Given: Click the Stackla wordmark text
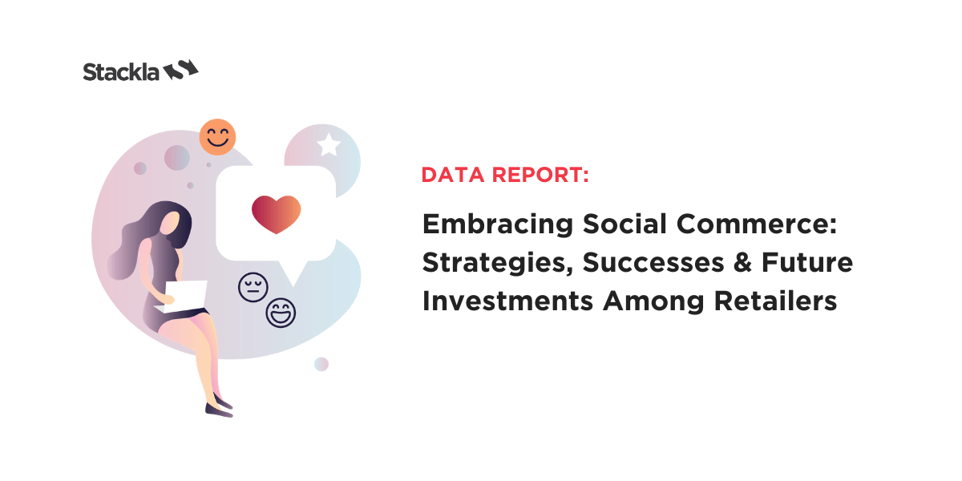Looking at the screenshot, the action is (121, 71).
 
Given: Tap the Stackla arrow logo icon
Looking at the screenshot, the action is (181, 70).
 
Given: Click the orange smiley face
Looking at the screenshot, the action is (217, 137).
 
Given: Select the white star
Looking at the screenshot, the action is (329, 144).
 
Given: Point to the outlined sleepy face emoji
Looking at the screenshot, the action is (253, 287).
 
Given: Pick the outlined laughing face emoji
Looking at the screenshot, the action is (281, 313).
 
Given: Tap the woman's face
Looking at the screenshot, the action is (170, 224).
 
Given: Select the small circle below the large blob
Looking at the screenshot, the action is (321, 364).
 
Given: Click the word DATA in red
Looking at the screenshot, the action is (453, 175).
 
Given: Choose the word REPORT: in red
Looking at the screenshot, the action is (540, 175).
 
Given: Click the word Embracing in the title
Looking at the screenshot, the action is (497, 224).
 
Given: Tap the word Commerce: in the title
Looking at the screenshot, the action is (757, 224).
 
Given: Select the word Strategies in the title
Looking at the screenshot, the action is (498, 263).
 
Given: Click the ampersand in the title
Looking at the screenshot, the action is (742, 262).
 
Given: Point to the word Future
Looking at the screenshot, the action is (807, 262).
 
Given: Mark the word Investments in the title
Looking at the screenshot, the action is (507, 301).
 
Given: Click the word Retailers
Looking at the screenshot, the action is (776, 301).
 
